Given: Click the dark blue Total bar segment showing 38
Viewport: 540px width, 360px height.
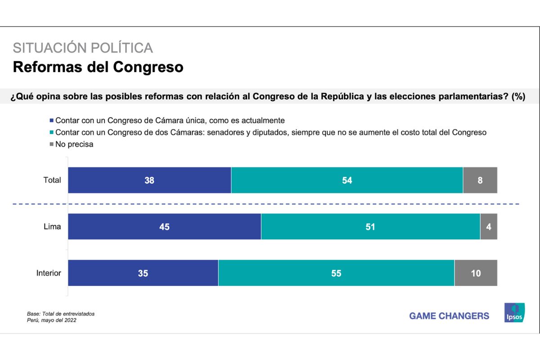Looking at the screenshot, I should [149, 180].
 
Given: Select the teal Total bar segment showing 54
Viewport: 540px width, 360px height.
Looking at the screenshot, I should [346, 180].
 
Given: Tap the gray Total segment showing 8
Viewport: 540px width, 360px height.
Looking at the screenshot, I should [480, 180].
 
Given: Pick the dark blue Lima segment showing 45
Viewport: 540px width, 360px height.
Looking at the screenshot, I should [164, 227].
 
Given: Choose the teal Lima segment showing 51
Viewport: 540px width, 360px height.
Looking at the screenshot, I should [370, 227].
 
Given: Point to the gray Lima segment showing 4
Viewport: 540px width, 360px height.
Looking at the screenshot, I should [489, 227].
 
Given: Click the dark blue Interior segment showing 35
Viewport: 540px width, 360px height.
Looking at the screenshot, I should [143, 273].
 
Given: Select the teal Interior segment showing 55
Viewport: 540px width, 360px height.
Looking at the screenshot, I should [336, 273].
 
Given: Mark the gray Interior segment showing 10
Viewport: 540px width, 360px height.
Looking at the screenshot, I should [476, 273].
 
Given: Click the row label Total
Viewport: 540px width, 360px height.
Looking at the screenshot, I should [52, 180].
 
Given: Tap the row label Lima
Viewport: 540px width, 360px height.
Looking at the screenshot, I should [53, 227].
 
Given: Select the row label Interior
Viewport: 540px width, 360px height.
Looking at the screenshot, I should [49, 273].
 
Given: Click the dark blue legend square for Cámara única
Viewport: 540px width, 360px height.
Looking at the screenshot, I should [51, 121].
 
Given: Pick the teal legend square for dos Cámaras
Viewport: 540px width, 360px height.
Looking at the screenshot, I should [51, 133].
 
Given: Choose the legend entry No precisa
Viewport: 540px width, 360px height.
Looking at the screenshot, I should [74, 144].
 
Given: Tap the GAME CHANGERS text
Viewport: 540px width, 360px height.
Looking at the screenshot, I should [449, 316].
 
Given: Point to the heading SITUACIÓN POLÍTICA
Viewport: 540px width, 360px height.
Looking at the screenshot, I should [83, 48].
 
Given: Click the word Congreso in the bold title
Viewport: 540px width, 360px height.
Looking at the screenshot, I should [148, 67].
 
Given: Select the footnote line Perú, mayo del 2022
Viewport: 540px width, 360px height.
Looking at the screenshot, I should [51, 320].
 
